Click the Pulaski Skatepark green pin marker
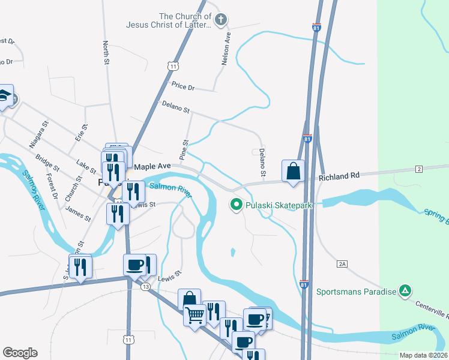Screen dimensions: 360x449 click(x=237, y=205)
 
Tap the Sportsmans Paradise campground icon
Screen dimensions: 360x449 click(x=406, y=292)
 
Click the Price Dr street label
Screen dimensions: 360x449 click(x=183, y=88)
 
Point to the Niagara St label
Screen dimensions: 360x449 click(x=38, y=136)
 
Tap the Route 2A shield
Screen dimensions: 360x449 click(x=343, y=263)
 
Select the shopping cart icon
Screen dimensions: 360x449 click(x=194, y=314)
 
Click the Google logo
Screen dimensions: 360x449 click(x=20, y=352)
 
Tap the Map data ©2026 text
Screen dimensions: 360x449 click(x=423, y=355)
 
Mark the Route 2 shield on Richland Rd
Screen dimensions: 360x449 click(x=417, y=170)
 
